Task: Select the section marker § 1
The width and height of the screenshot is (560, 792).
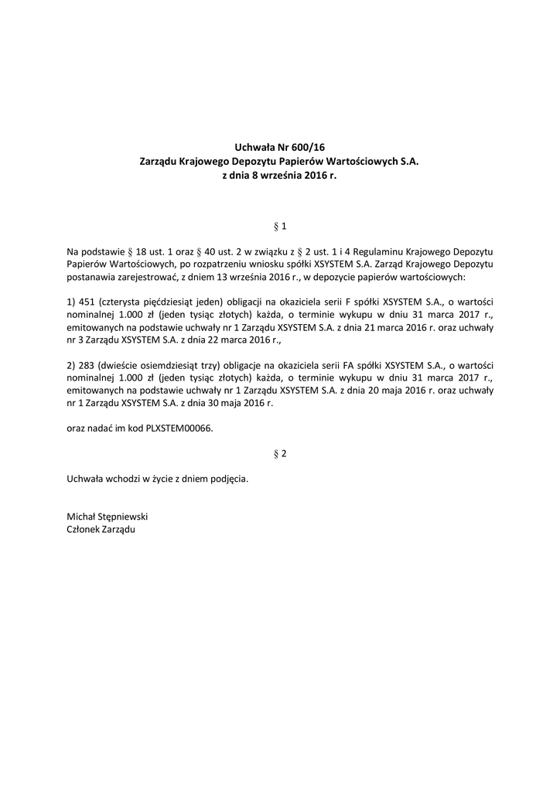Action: click(280, 226)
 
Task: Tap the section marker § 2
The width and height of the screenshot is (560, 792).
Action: click(280, 453)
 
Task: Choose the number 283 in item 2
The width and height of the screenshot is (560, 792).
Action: click(89, 365)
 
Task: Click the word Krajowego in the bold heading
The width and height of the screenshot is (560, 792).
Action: click(203, 162)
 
